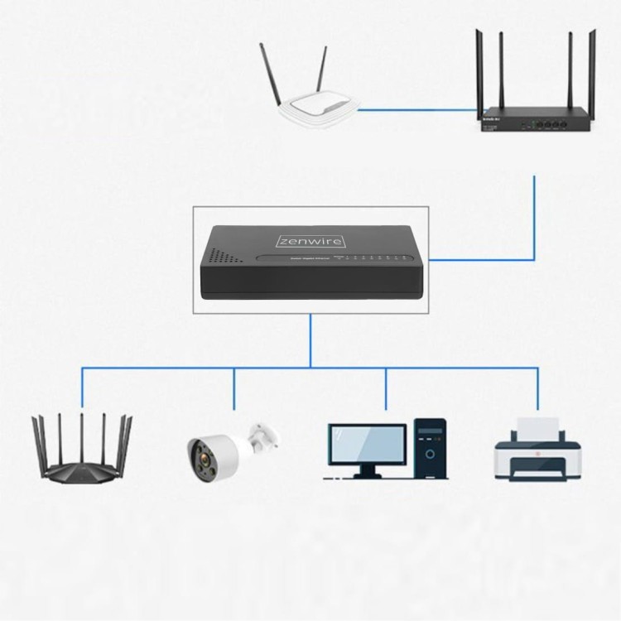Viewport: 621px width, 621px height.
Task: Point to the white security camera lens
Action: [200, 452]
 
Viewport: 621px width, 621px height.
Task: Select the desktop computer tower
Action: [430, 448]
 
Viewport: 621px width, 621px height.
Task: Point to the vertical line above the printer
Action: [538, 389]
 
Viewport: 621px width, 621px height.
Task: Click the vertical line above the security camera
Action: [234, 389]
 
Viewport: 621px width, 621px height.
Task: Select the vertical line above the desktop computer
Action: [386, 389]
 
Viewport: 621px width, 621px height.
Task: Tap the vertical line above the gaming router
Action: [81, 389]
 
